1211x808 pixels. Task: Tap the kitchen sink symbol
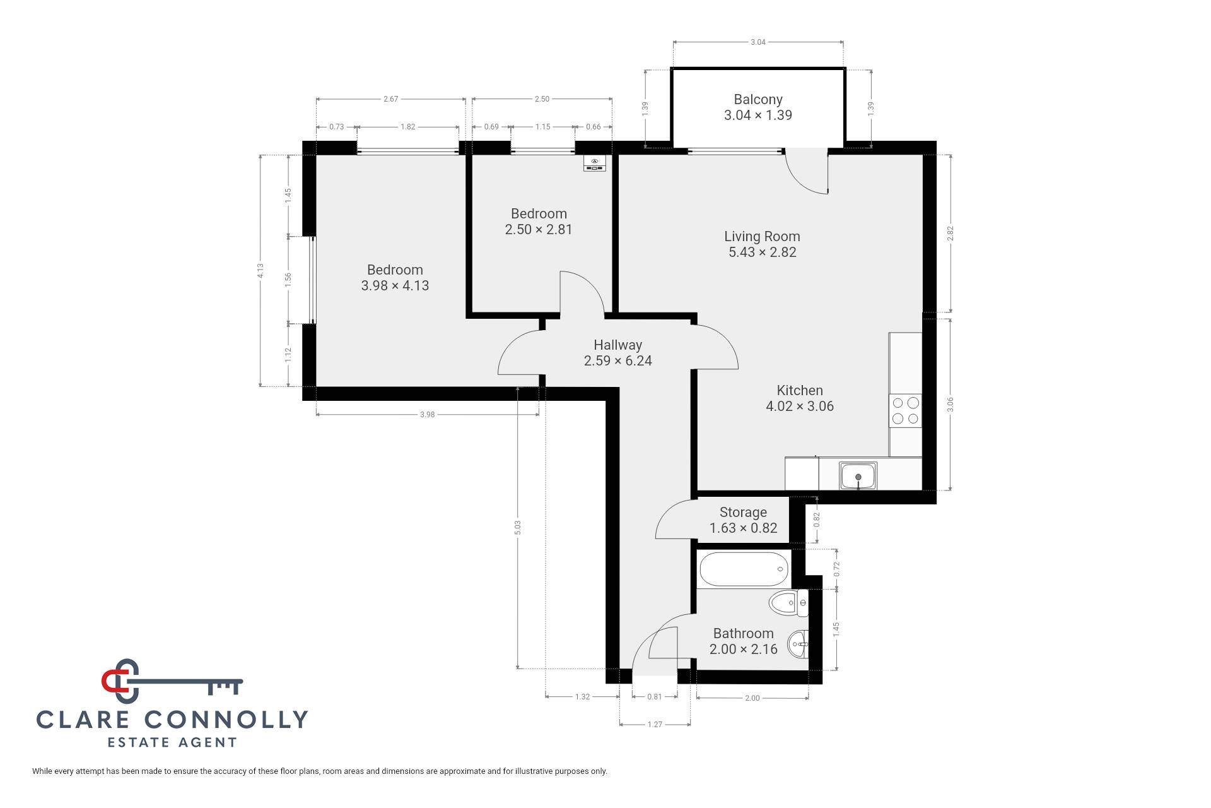pos(858,475)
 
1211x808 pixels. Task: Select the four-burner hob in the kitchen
pos(905,410)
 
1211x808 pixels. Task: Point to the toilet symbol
pos(788,603)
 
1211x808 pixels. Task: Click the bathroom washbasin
pos(799,645)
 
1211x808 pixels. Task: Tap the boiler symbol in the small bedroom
pos(595,164)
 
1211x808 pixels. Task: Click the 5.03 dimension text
pos(518,527)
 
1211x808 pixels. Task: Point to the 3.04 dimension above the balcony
pos(758,42)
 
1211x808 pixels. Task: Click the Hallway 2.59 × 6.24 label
pos(617,352)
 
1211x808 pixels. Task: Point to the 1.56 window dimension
pos(288,279)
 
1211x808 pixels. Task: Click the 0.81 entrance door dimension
pos(655,696)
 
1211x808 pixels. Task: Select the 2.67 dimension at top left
pos(390,99)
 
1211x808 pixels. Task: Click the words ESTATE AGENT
pos(172,742)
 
